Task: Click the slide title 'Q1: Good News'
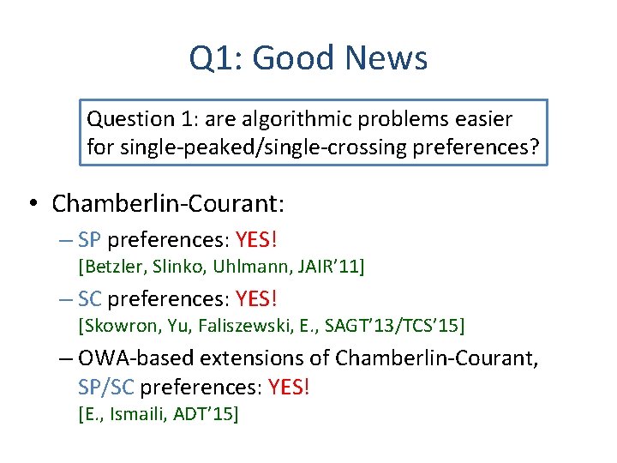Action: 308,58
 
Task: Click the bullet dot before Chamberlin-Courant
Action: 32,204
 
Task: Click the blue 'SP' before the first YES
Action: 89,238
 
